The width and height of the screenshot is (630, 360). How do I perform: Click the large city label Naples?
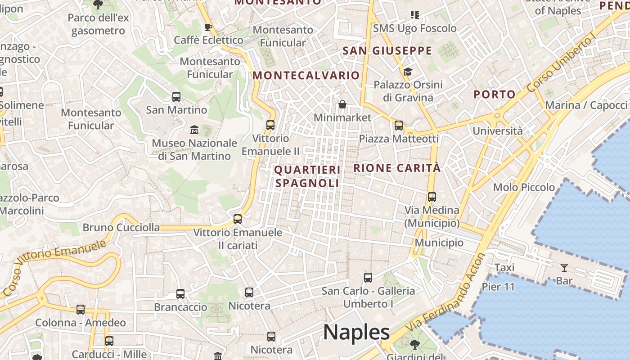[356, 333]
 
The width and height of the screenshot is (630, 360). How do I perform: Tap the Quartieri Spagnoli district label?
[307, 176]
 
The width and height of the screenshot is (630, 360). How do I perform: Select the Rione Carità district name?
[397, 168]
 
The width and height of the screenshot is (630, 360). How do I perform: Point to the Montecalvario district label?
[306, 75]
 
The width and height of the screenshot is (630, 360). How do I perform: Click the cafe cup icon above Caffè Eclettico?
[208, 27]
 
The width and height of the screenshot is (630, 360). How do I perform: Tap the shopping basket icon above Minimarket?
[342, 105]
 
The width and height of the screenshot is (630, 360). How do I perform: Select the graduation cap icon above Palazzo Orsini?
[408, 72]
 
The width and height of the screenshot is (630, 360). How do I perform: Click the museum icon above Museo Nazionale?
[194, 130]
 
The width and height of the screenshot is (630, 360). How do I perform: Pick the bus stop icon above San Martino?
[176, 97]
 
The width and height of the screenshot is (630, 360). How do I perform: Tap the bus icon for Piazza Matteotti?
[399, 126]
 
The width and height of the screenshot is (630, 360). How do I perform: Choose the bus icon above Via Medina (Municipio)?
[432, 197]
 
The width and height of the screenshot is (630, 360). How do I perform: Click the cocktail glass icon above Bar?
[564, 268]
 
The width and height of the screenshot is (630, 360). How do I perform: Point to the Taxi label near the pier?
[504, 268]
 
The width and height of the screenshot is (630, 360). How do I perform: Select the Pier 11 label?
[498, 287]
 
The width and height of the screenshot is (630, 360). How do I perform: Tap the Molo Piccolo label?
[524, 187]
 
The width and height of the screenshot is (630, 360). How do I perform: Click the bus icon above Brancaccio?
[180, 294]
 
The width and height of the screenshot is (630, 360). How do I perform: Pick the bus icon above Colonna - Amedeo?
[81, 310]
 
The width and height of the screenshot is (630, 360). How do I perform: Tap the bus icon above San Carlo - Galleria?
[368, 278]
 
